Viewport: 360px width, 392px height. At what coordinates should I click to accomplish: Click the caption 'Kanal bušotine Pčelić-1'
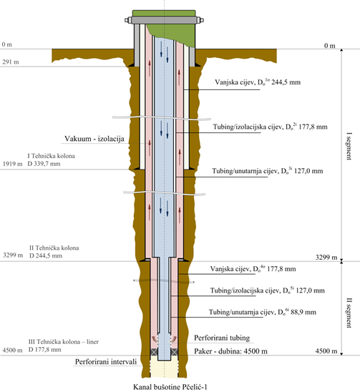170,387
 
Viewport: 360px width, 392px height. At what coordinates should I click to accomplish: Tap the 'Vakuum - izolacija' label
94,139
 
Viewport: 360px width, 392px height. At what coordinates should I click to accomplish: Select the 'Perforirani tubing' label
222,338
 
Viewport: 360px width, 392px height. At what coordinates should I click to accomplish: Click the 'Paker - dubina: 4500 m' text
230,351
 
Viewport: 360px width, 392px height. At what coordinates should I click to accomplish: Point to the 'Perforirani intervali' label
106,362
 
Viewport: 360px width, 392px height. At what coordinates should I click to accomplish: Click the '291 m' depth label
11,62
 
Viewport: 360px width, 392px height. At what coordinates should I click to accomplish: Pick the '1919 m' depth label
12,164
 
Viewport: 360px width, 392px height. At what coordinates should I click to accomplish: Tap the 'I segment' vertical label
349,146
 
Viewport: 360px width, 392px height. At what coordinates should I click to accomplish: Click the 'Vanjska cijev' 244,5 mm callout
258,82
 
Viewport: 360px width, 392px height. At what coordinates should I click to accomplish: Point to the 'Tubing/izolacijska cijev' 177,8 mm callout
271,127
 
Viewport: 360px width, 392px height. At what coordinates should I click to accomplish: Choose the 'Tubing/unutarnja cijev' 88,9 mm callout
263,312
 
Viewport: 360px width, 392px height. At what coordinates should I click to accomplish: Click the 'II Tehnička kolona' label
54,248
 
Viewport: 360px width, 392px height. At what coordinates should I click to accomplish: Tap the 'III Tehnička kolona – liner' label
64,342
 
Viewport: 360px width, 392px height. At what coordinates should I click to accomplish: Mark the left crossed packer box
153,352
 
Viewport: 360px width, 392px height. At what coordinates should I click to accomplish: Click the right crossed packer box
175,352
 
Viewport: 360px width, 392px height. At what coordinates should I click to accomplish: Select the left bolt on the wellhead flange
128,20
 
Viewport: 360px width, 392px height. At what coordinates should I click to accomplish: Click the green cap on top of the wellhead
164,13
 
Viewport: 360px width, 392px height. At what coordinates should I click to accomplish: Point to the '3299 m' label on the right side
326,258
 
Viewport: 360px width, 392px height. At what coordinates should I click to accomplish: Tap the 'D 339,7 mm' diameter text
44,164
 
